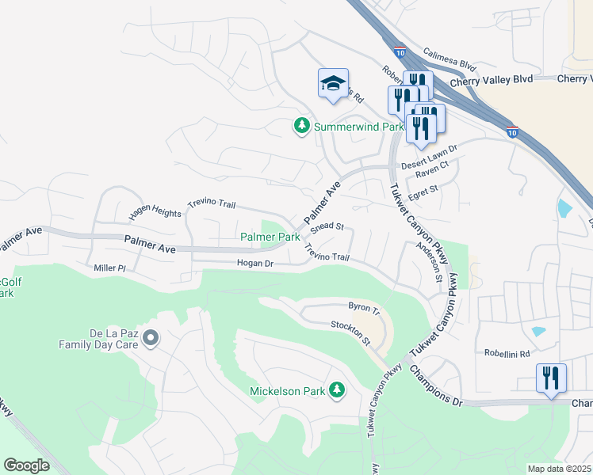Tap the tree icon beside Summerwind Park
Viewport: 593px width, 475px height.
pos(301,126)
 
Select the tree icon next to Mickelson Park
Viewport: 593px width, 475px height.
pos(338,389)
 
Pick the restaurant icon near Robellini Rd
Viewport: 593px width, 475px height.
pos(551,378)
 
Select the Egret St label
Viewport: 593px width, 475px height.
pos(423,191)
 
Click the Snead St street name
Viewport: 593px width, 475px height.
pos(327,227)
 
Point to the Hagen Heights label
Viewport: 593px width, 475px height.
pos(155,215)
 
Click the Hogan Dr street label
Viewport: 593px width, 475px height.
pos(254,263)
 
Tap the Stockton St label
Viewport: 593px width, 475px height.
pos(350,332)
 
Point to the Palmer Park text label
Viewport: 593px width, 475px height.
pos(270,237)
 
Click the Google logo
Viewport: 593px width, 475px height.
pos(27,465)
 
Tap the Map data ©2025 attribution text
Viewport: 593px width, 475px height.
pos(559,469)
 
